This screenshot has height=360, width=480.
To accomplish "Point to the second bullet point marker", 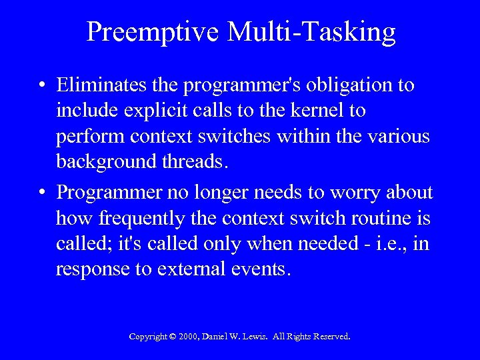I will click(42, 193).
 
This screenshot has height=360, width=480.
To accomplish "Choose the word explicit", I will click(140, 110).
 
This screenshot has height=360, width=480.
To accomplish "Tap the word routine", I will click(381, 218).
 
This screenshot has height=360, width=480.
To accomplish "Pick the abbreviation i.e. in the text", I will click(389, 243).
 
